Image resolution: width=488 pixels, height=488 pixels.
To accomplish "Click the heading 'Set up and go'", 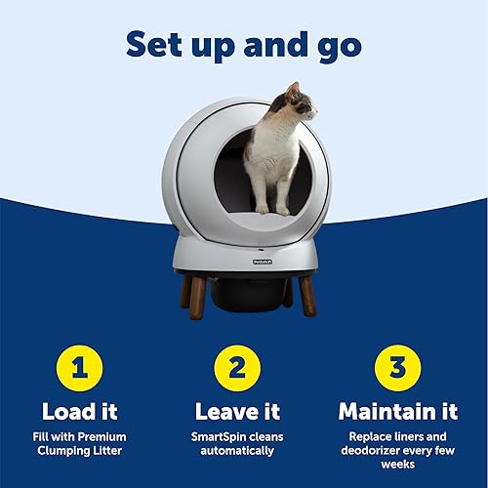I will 243,44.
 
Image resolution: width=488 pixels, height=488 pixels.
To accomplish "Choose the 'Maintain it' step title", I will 397,411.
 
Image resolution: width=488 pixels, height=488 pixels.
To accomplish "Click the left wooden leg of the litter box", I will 198,292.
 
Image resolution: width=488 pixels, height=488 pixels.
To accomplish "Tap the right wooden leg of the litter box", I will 306,293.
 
